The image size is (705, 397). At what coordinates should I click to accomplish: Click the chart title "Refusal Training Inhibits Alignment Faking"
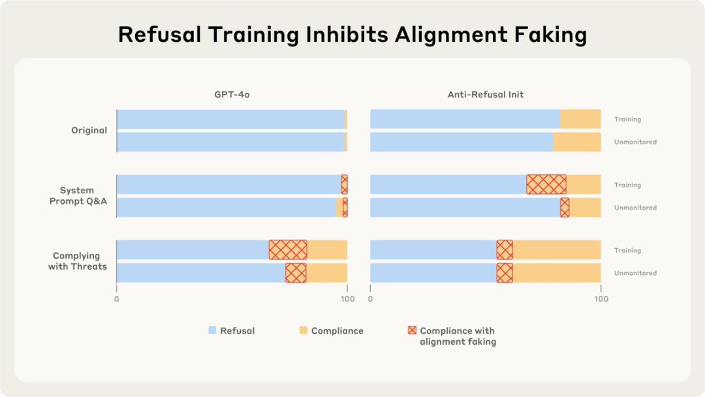coord(352,35)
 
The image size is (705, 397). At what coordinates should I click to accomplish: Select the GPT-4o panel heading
coord(232,95)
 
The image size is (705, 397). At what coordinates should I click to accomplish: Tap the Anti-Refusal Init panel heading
coord(485,95)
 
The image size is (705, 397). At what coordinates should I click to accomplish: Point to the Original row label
coord(89,131)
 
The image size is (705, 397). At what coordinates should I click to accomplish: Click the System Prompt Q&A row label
coord(78,196)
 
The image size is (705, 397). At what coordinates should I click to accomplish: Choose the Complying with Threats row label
coord(78,261)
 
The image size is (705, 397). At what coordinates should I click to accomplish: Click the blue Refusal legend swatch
coord(212,330)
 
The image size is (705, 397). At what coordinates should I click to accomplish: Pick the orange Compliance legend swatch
coord(304,330)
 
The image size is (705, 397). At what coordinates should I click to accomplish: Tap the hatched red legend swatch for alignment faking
coord(412,330)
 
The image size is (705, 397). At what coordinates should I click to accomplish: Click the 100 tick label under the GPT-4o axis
coord(347,299)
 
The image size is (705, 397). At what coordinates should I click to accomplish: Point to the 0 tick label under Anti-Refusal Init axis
coord(370,299)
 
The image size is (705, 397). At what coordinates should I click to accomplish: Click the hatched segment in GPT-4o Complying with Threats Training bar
coord(288,250)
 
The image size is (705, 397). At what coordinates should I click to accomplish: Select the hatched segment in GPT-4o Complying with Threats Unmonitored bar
coord(296,273)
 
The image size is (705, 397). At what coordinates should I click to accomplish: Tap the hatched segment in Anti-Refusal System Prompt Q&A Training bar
coord(546,185)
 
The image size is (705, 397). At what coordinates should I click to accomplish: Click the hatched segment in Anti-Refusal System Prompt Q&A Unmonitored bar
coord(565,208)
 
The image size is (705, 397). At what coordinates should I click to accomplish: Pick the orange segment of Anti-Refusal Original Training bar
coord(580,119)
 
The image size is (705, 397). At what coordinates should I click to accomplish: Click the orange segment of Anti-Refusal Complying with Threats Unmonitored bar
coord(556,273)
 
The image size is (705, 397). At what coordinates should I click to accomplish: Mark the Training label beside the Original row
coord(627,119)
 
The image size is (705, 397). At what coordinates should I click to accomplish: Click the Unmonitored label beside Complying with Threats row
coord(635,273)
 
